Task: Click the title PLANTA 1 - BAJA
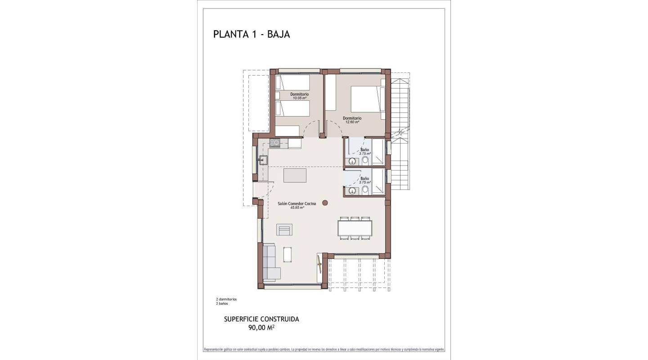tap(252, 34)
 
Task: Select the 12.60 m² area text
tap(352, 122)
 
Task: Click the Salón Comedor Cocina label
tap(297, 203)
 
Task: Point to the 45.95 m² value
tap(297, 208)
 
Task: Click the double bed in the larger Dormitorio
tap(367, 99)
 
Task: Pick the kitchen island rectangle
tap(295, 175)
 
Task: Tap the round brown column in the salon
tap(325, 203)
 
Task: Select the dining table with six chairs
tap(355, 228)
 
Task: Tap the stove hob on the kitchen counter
tap(274, 143)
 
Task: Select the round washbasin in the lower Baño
tap(352, 191)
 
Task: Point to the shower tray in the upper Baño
tap(378, 153)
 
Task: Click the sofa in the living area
tap(270, 262)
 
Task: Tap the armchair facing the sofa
tap(284, 230)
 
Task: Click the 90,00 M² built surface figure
tap(261, 328)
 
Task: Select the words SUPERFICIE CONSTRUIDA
tap(261, 319)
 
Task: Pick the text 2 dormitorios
tap(226, 299)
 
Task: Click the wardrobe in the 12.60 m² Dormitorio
tap(331, 92)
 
